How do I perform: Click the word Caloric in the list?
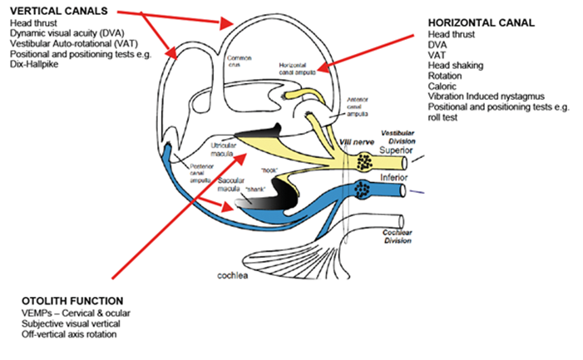tap(442, 86)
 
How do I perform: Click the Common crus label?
tap(239, 61)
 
